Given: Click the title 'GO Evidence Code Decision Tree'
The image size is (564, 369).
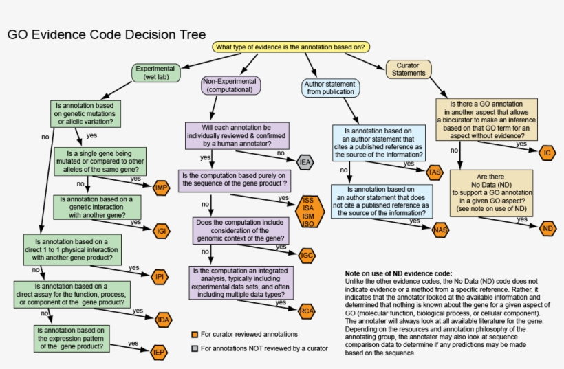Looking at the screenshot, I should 96,36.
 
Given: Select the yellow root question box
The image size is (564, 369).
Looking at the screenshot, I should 292,47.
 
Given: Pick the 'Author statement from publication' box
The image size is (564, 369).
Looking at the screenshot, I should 330,87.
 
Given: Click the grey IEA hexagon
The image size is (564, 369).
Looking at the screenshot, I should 305,162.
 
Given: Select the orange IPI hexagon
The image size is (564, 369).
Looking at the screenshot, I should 160,277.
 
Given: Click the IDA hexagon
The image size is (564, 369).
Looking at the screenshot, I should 163,320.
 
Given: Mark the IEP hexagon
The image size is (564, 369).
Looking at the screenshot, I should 159,353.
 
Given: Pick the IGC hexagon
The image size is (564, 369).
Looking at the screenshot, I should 307,255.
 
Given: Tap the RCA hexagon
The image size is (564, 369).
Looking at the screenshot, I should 307,312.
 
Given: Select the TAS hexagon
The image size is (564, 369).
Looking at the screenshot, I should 434,172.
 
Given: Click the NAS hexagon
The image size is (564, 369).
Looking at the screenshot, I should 440,230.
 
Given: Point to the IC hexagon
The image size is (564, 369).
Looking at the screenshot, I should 547,152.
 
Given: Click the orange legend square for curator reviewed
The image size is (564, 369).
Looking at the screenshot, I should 195,335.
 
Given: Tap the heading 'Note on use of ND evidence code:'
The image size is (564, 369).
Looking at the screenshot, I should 398,273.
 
